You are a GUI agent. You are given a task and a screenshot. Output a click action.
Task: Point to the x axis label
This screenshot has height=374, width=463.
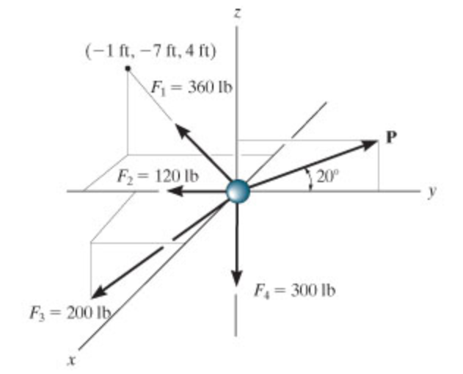pyautogui.click(x=72, y=360)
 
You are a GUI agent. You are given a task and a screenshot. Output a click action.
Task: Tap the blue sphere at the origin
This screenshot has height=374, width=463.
pyautogui.click(x=238, y=192)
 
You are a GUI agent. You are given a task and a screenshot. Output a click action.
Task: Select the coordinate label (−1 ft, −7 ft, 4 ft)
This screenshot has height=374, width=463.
pyautogui.click(x=150, y=51)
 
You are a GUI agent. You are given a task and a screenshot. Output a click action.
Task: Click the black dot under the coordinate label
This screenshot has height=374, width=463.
pyautogui.click(x=128, y=68)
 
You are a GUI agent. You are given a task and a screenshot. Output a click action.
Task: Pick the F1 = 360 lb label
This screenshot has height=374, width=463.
pyautogui.click(x=192, y=88)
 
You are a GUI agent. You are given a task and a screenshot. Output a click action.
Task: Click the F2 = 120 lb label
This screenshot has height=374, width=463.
pyautogui.click(x=158, y=177)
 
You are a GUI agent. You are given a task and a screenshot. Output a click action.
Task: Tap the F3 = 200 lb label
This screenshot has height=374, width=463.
pyautogui.click(x=70, y=313)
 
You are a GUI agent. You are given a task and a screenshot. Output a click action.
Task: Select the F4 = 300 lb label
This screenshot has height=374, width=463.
pyautogui.click(x=295, y=290)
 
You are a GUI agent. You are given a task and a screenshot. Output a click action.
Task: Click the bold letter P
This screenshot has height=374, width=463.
pyautogui.click(x=391, y=137)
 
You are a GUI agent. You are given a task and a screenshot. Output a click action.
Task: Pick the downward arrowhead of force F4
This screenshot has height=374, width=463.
pyautogui.click(x=236, y=278)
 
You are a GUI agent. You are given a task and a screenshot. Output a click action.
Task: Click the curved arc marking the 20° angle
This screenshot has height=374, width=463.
pyautogui.click(x=310, y=179)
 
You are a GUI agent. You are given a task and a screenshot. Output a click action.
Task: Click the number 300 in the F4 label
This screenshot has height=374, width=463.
pyautogui.click(x=303, y=290)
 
